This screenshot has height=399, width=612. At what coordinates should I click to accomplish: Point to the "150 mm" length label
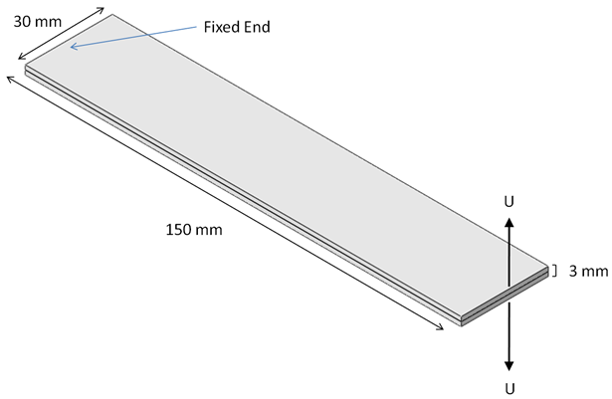click(193, 230)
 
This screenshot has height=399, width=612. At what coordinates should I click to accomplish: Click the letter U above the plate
click(510, 201)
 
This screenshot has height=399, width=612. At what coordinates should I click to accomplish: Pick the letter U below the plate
click(510, 386)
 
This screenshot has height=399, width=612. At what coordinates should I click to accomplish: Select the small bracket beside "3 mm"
click(553, 270)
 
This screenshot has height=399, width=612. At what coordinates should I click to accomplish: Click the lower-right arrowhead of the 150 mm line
click(441, 330)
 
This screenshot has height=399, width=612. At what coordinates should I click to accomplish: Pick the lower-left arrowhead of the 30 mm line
click(22, 60)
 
